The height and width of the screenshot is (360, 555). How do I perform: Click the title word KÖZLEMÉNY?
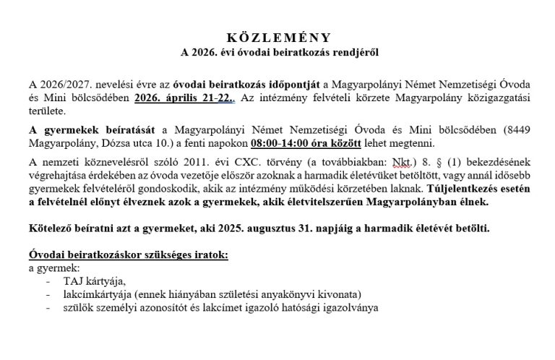(277, 38)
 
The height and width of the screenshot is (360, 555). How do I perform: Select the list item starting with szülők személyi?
(210, 307)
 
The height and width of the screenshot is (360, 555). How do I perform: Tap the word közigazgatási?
(488, 99)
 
